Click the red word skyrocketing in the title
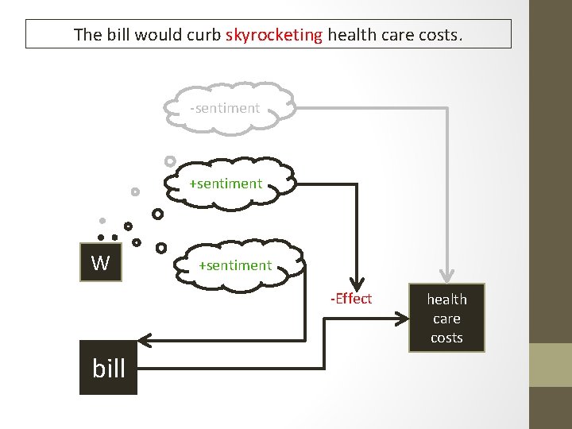click(274, 35)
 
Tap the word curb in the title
click(204, 35)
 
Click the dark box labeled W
click(100, 262)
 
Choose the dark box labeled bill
click(108, 368)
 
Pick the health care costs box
click(446, 318)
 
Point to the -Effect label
click(352, 299)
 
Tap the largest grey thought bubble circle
click(169, 160)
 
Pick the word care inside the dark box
click(446, 319)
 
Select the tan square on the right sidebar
click(551, 365)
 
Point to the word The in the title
click(87, 35)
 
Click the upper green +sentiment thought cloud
click(226, 184)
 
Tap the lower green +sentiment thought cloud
click(236, 265)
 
